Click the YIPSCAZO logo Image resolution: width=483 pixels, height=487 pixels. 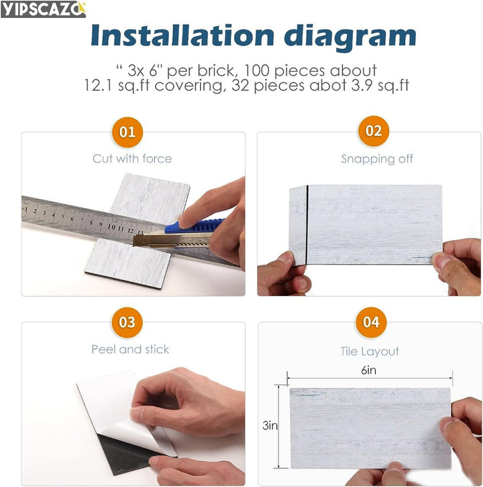pos(43,9)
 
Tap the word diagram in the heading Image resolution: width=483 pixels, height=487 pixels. pos(350,38)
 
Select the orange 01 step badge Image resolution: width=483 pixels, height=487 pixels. pos(127,133)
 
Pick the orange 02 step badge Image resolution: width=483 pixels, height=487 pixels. pos(373,131)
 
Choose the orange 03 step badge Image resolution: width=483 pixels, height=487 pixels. pos(127,322)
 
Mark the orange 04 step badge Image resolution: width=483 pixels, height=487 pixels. pos(371,322)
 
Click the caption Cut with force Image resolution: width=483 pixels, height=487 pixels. pos(132,159)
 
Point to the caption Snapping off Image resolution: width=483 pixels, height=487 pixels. pos(377,159)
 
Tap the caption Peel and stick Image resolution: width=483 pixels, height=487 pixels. pos(130,350)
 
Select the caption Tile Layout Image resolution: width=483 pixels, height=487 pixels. pos(370,352)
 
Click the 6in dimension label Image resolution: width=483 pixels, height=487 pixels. pos(368,370)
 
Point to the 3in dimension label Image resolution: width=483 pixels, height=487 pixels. pos(270,425)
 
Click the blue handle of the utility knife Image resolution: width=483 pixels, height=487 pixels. pos(194,226)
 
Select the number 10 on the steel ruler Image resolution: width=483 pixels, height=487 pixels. pos(111,226)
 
